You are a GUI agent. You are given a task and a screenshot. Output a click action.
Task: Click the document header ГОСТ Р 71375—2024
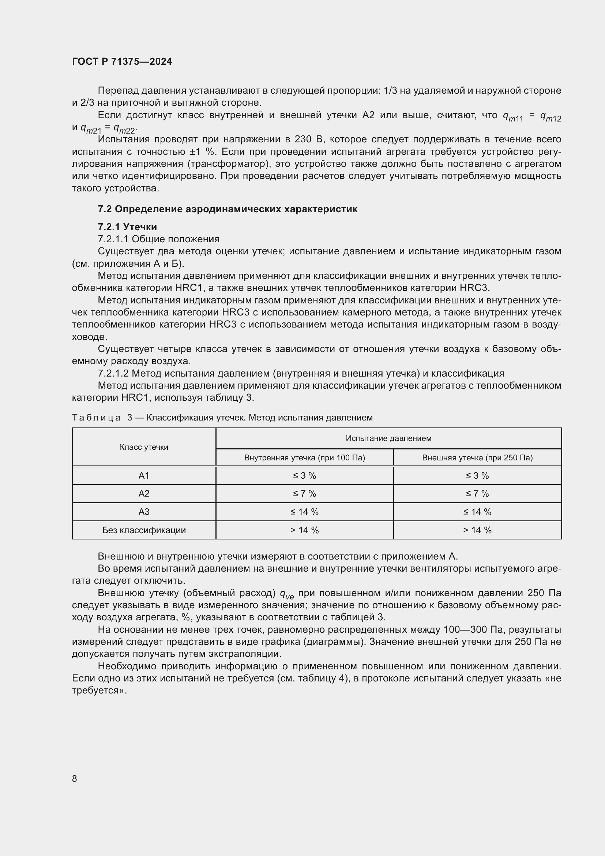(x=122, y=61)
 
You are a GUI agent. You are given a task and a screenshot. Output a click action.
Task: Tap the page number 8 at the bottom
(x=75, y=778)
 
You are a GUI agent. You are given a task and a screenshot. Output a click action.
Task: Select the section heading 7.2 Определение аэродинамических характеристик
(x=227, y=209)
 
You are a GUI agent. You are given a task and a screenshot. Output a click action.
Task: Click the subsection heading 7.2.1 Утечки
(x=127, y=227)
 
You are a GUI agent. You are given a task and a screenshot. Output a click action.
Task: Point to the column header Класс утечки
(x=144, y=447)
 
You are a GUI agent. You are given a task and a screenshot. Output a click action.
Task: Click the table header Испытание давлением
(x=388, y=438)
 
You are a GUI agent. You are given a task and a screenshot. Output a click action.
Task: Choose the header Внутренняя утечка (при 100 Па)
(x=304, y=458)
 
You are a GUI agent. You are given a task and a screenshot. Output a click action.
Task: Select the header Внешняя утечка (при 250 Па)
(x=477, y=458)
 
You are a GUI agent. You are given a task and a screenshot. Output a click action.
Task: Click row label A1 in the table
(x=144, y=476)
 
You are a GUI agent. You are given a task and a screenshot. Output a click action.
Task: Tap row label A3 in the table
(x=144, y=512)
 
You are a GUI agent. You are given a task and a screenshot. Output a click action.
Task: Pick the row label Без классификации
(x=144, y=530)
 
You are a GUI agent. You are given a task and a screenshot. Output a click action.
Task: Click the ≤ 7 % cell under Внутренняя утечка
(x=304, y=494)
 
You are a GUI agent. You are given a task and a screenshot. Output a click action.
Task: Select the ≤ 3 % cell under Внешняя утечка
(x=477, y=476)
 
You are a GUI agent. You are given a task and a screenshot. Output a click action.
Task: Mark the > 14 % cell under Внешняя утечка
(x=477, y=530)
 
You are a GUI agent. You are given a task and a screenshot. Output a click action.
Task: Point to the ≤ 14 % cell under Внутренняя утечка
(x=304, y=512)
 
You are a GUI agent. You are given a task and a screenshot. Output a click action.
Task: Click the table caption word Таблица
(x=96, y=418)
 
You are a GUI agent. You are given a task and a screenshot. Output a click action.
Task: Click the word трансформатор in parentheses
(x=222, y=164)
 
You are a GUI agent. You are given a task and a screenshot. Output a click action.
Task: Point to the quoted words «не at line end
(x=553, y=678)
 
